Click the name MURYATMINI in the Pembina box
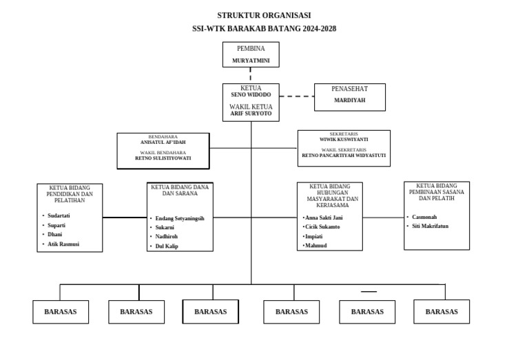click(x=251, y=61)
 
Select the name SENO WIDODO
click(x=251, y=94)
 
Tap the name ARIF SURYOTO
click(x=251, y=114)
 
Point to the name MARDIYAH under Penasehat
click(x=349, y=100)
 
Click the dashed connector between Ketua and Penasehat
click(x=296, y=96)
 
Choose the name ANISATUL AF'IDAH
click(x=163, y=142)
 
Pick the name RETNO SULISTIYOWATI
click(x=163, y=158)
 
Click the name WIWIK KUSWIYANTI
click(x=344, y=139)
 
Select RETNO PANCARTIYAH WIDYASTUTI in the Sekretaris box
click(x=344, y=156)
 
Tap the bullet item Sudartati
click(x=59, y=215)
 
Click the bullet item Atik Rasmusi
click(x=63, y=244)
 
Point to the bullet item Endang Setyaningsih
click(x=180, y=218)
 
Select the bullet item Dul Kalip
click(x=167, y=246)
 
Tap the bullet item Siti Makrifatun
click(x=430, y=226)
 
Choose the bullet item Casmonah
click(x=424, y=216)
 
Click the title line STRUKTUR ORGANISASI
click(x=264, y=15)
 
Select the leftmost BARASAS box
click(x=60, y=312)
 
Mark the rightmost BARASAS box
click(x=442, y=312)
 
